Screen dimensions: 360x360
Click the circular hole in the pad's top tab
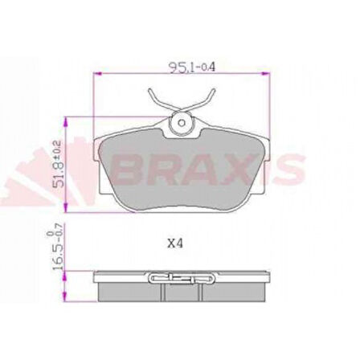point(182,123)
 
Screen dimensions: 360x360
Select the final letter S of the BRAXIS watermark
point(289,170)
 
